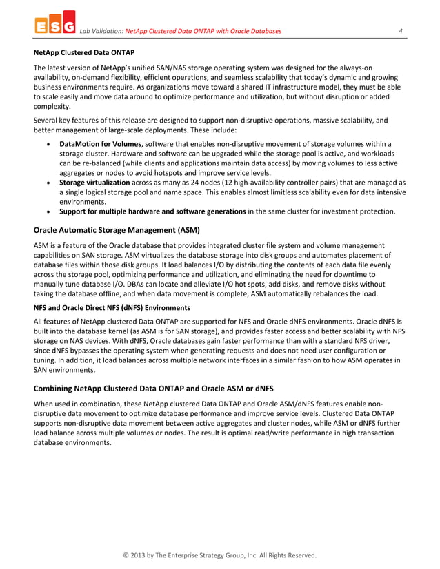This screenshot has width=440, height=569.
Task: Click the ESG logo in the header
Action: (x=54, y=26)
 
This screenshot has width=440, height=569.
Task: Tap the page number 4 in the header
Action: (x=400, y=31)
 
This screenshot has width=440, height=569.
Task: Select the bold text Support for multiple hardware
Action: (x=152, y=211)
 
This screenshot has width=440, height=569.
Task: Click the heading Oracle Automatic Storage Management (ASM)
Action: (x=117, y=229)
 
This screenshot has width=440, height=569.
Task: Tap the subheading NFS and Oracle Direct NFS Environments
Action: (x=110, y=309)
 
